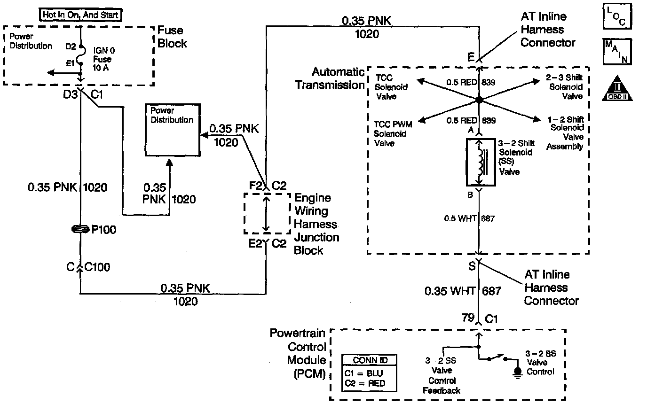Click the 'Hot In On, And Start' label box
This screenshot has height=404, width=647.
coord(80,15)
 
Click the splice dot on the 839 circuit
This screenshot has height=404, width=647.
coord(479,100)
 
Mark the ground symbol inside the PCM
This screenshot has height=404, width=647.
coord(518,372)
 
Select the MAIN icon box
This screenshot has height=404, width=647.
coord(617,52)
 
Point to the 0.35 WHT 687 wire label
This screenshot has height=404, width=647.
coord(463,291)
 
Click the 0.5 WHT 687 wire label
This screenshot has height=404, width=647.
coord(469,218)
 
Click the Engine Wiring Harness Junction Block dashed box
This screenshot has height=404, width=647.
coord(267,213)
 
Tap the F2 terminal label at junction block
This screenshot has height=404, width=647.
coord(256,186)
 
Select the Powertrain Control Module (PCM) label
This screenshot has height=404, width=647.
coord(298,354)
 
